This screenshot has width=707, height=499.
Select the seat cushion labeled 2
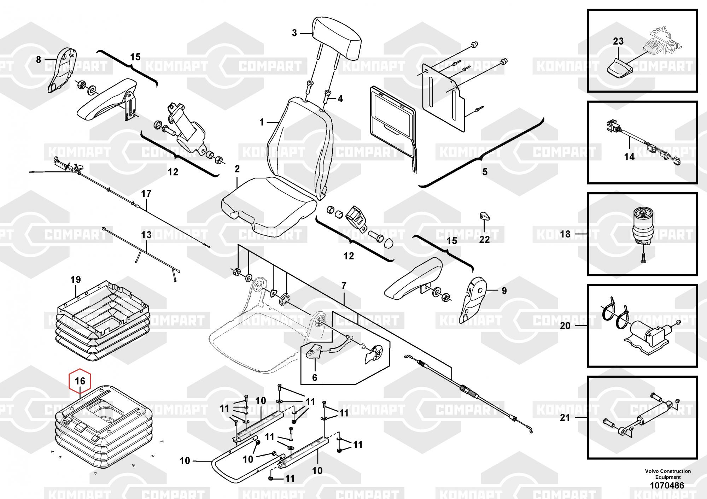(x=268, y=205)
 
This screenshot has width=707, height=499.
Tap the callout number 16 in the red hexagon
(x=80, y=381)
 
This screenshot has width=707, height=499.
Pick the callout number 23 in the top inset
(x=618, y=41)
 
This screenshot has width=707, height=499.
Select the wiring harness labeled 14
(x=642, y=142)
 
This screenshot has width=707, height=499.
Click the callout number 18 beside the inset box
(x=565, y=234)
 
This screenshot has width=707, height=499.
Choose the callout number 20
(x=565, y=325)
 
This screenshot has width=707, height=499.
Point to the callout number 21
(x=565, y=417)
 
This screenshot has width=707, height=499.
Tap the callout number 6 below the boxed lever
(x=315, y=377)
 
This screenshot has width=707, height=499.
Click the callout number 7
(x=344, y=286)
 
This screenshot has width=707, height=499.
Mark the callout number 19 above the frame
(x=76, y=280)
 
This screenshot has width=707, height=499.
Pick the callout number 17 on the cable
(x=146, y=194)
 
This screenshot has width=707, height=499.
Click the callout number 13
(x=146, y=235)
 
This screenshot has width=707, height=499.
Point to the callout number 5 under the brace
(x=485, y=172)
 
